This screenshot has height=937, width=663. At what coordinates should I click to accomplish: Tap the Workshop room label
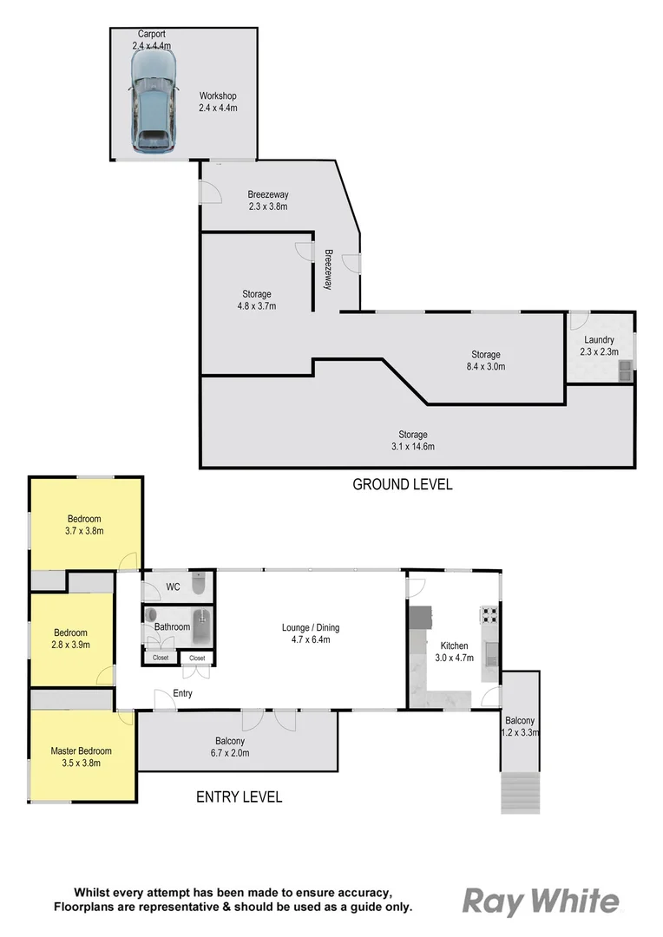218,96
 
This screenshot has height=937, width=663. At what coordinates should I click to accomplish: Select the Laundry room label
599,340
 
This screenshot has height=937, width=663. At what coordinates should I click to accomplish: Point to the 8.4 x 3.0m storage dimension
486,367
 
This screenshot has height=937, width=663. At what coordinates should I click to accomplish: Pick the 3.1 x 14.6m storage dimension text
413,447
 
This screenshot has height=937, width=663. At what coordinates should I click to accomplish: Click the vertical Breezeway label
329,269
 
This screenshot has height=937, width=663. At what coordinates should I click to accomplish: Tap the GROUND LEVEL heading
402,485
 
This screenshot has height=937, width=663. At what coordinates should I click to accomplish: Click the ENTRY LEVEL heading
239,796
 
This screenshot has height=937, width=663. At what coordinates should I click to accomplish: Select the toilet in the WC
198,587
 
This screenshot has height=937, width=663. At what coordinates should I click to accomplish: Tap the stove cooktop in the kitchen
489,615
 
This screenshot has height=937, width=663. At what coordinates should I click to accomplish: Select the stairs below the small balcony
520,792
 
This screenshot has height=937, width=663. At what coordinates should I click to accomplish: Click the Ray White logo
540,901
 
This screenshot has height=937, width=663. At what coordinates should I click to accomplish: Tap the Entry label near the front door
182,693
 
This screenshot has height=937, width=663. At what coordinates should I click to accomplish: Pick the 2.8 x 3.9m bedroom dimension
70,645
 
